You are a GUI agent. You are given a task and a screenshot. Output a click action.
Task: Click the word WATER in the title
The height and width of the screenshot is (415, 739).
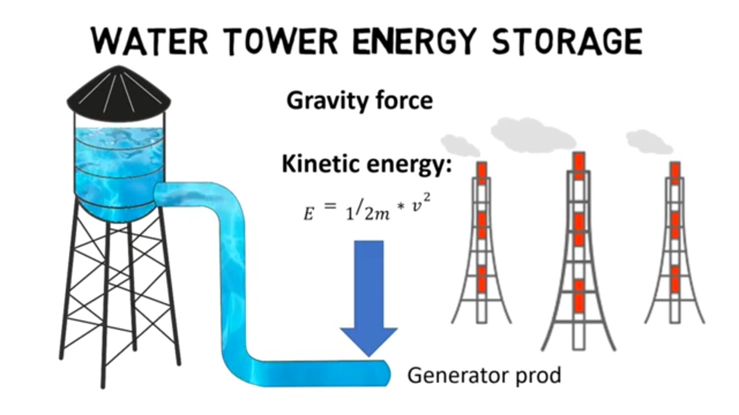[x=150, y=41]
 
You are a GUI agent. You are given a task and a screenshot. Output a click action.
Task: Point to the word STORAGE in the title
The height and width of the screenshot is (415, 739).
[x=567, y=41]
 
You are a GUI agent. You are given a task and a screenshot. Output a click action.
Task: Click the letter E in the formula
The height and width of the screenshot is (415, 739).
[x=308, y=214]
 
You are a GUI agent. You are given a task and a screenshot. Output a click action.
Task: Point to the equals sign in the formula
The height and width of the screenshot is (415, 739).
[x=330, y=206]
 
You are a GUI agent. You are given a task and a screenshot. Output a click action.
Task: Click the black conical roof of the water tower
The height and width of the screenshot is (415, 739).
[x=119, y=90]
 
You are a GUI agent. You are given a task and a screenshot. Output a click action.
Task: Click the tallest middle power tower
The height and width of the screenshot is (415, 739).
[x=578, y=251]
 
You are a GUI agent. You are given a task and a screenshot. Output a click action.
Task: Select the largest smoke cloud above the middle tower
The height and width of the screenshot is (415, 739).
[x=533, y=135]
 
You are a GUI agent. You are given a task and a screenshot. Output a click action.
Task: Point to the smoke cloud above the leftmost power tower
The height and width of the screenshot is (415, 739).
[x=461, y=145]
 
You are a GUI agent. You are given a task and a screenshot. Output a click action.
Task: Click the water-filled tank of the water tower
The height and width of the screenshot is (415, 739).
[x=119, y=171]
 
